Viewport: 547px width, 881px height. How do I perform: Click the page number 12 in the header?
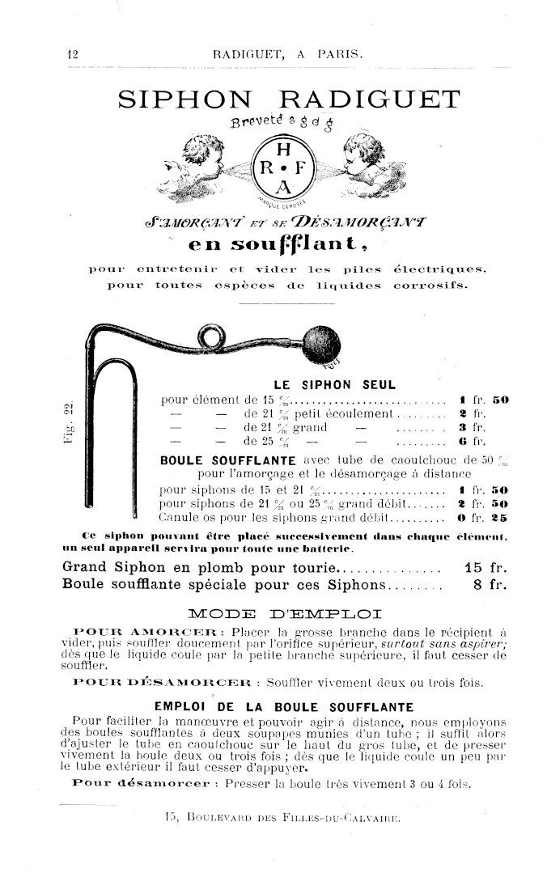[71, 55]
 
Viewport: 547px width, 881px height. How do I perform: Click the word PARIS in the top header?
[340, 55]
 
